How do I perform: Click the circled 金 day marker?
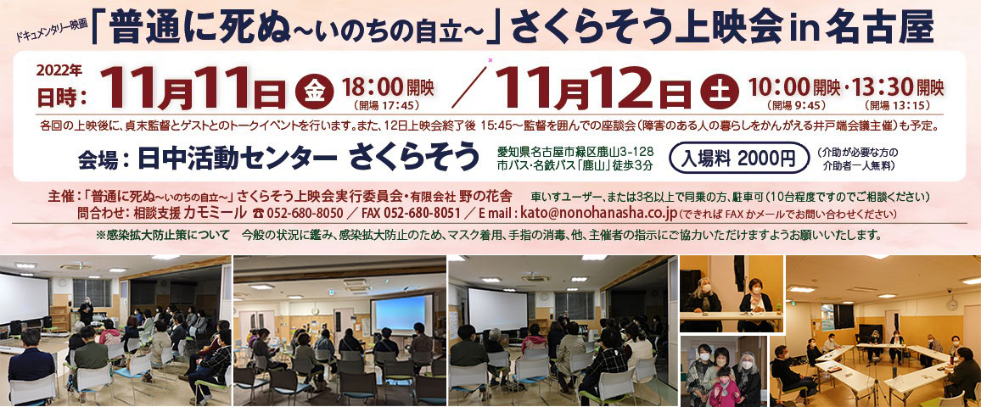[314, 91]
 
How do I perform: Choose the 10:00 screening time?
[779, 86]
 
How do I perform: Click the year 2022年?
[60, 70]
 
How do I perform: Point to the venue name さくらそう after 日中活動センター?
[413, 159]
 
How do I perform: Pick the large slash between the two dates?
[469, 86]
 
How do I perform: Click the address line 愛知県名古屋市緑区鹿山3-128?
[575, 151]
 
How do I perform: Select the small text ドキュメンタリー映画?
[53, 30]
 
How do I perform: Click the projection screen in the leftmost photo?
[25, 298]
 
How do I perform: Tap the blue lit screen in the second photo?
[401, 314]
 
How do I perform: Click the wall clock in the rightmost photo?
[951, 304]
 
